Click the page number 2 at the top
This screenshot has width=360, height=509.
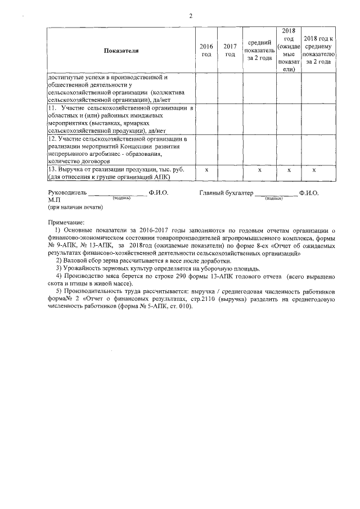pyautogui.click(x=191, y=15)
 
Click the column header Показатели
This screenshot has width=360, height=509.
pyautogui.click(x=121, y=51)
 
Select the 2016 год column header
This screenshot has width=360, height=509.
pyautogui.click(x=206, y=50)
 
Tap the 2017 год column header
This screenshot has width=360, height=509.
pyautogui.click(x=229, y=50)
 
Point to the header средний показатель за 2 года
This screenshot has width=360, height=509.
pyautogui.click(x=259, y=51)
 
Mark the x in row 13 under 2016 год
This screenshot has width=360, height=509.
pyautogui.click(x=206, y=169)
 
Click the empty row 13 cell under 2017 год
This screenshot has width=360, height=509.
pyautogui.click(x=229, y=173)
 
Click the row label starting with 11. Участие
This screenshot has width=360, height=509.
pyautogui.click(x=121, y=119)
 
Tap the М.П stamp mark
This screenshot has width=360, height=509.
pyautogui.click(x=54, y=200)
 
